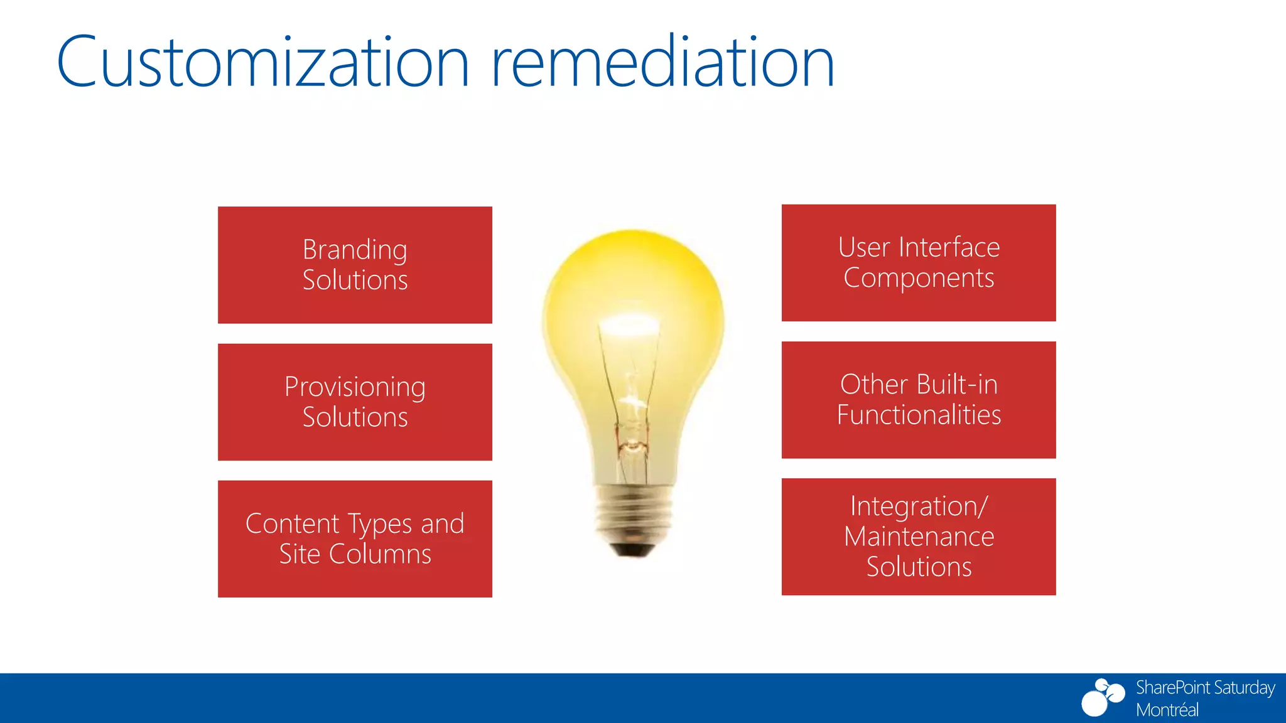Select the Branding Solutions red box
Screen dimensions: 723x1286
coord(355,265)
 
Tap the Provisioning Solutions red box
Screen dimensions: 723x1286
coord(355,402)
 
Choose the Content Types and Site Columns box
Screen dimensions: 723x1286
coord(355,538)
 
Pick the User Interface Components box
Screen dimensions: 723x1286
coord(919,262)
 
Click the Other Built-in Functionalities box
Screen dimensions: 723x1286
coord(919,400)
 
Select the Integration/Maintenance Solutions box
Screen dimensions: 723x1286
coord(919,537)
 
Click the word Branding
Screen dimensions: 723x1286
coord(355,250)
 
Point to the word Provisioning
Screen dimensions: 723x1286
coord(355,387)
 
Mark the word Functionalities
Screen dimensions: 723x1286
coord(919,415)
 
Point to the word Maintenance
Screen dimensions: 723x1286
coord(919,537)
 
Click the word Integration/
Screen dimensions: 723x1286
coord(919,506)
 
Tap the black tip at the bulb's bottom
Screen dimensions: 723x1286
coord(633,550)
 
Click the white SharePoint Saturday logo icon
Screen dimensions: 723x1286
coord(1103,697)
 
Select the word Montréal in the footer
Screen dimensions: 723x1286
coord(1167,710)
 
